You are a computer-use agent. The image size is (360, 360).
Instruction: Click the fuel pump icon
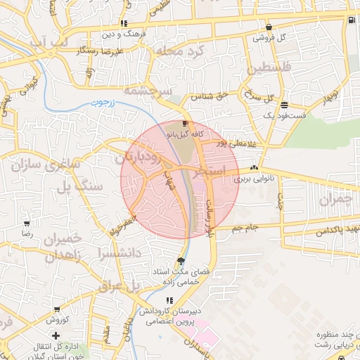351,19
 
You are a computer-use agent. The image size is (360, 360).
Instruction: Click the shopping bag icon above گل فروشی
268,27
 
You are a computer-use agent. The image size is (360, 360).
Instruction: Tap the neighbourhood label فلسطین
267,69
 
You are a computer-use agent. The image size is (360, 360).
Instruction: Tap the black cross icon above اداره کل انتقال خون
56,335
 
